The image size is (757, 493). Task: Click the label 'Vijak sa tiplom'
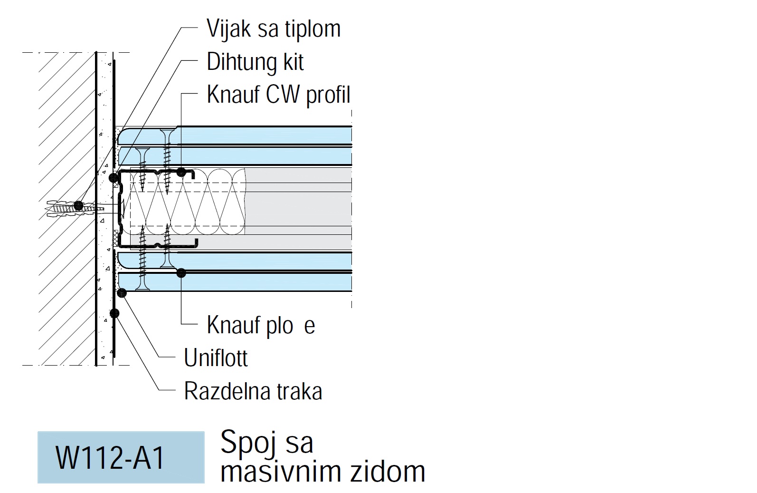(x=274, y=29)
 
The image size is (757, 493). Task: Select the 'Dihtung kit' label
(x=255, y=62)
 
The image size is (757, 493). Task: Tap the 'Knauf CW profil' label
(x=278, y=95)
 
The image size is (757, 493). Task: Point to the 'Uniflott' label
(x=216, y=358)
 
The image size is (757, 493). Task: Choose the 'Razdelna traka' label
(x=253, y=391)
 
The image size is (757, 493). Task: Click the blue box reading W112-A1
(x=121, y=457)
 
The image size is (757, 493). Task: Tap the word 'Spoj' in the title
(x=244, y=442)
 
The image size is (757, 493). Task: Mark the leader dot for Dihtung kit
(x=114, y=178)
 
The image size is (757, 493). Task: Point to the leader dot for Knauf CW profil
(x=181, y=172)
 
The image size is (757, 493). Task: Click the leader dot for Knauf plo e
(x=181, y=273)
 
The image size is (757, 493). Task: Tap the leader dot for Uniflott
(x=122, y=293)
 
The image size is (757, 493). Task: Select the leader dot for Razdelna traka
(x=114, y=313)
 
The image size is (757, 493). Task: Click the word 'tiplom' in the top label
(x=313, y=29)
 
